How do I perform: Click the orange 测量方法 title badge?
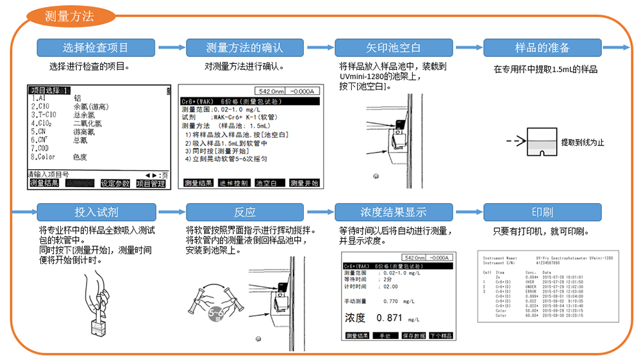(69, 17)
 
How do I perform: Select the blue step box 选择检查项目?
(95, 47)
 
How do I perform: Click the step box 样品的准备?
(542, 47)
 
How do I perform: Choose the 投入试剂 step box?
(95, 211)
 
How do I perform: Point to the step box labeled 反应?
(244, 211)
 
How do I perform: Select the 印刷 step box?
(542, 211)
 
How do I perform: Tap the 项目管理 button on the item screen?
(151, 184)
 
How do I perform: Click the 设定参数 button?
(115, 184)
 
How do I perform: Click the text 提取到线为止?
(582, 142)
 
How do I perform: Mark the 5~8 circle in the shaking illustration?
(216, 314)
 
